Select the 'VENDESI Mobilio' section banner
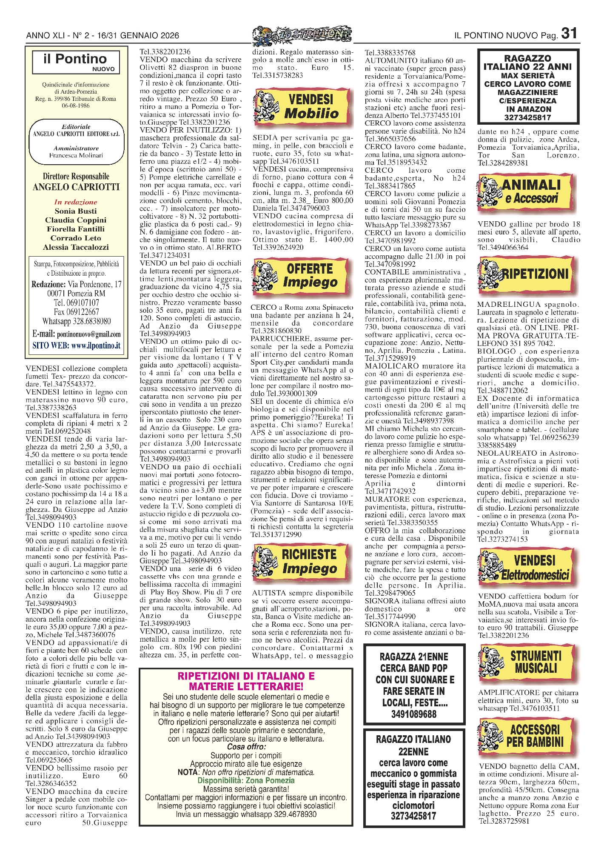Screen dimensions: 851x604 pos(302,107)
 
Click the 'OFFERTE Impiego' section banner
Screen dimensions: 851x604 pos(302,275)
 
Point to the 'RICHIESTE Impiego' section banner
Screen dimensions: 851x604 pos(302,562)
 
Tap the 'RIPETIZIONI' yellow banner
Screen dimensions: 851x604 pos(528,274)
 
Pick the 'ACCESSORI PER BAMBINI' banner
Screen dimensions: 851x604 pos(528,737)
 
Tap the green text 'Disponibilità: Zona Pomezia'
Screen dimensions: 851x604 pos(246,780)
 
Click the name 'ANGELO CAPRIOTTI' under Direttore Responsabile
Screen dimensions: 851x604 pos(76,187)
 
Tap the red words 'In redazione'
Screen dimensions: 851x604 pos(76,202)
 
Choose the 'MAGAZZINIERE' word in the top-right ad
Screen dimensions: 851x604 pos(527,92)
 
